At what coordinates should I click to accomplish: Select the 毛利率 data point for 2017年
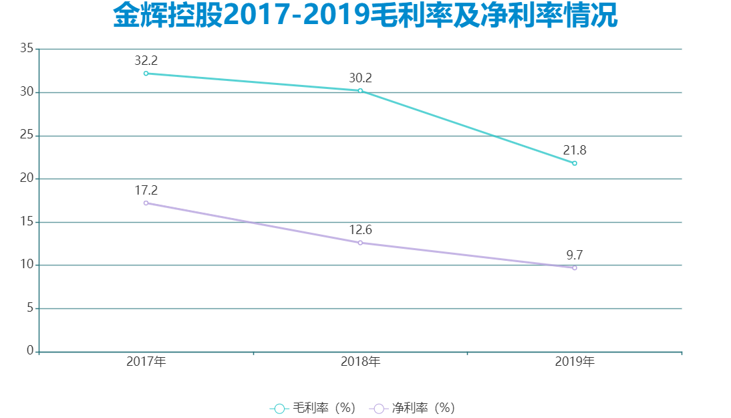coord(146,74)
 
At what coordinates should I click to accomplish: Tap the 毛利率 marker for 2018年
coord(360,90)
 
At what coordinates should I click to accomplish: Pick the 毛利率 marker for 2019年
coord(575,163)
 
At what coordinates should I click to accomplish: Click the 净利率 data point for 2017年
coord(146,203)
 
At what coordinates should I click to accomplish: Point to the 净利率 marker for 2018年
coord(360,243)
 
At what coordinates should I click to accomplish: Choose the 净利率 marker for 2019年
coord(575,268)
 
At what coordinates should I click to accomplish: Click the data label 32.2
coord(146,61)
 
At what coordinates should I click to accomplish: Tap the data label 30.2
coord(360,78)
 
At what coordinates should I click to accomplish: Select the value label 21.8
coord(575,150)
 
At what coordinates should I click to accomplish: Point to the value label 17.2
coord(146,191)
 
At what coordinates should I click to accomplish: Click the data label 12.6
coord(360,230)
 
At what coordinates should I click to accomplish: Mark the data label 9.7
coord(575,255)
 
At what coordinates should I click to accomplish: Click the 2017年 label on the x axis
coord(146,362)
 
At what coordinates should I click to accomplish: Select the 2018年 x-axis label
coord(360,362)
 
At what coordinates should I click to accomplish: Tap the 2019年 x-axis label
coord(575,362)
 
